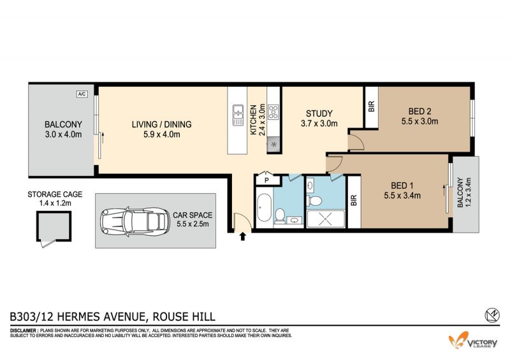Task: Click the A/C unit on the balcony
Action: (x=82, y=94)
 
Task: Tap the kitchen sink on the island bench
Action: (x=238, y=115)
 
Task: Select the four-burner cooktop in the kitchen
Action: (x=273, y=112)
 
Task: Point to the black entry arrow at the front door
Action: (x=242, y=236)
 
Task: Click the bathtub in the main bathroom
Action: (x=265, y=208)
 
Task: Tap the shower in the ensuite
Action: (x=326, y=219)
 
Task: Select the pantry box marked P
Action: (x=267, y=178)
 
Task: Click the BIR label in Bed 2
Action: (x=372, y=106)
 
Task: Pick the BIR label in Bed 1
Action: (x=354, y=200)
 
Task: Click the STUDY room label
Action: (x=319, y=113)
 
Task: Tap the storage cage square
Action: (x=54, y=226)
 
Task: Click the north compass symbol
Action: (x=492, y=315)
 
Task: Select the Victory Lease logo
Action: (x=473, y=340)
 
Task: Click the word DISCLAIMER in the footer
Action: (x=24, y=331)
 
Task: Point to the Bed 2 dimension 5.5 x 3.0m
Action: (x=419, y=122)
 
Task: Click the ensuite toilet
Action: (x=314, y=201)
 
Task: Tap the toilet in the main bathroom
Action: (x=279, y=215)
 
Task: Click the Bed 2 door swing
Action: (x=356, y=143)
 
